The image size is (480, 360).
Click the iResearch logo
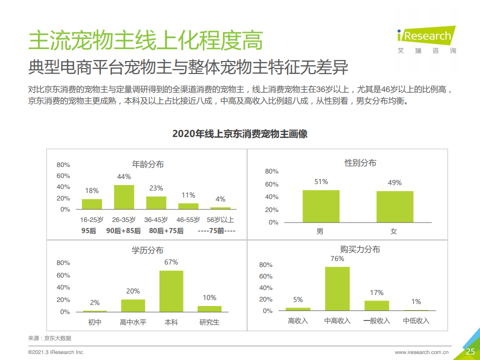426,38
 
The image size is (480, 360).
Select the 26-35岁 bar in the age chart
124,197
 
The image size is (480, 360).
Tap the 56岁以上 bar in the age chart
220,208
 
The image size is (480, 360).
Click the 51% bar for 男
321,206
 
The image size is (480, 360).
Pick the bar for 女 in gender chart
394,206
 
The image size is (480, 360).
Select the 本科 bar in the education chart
171,291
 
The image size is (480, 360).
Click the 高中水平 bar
133,305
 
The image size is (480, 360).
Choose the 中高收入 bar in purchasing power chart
337,288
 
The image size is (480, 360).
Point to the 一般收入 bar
376,305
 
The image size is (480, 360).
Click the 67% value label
171,262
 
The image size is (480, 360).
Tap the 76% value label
337,258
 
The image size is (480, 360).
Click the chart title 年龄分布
147,164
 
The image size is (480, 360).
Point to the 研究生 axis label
209,322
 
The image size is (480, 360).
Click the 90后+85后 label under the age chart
123,230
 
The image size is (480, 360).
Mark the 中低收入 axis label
416,320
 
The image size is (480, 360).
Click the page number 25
470,351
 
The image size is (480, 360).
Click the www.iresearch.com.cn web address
421,352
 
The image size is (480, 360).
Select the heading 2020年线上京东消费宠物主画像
239,133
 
